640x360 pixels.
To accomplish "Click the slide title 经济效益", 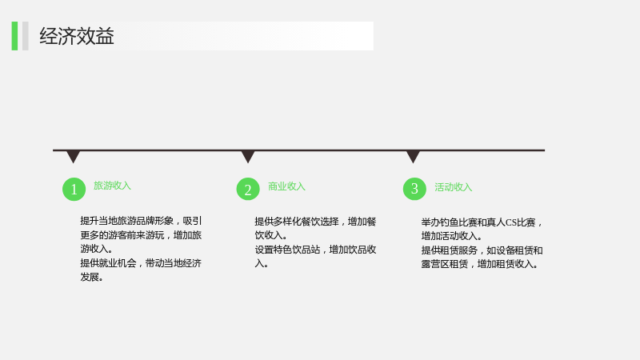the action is pos(77,36).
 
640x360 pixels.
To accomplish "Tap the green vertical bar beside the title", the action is pos(14,36).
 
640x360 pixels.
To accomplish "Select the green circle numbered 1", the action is pos(74,189).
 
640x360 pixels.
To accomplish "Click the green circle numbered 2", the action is pos(248,189).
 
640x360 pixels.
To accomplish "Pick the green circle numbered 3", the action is pos(414,189).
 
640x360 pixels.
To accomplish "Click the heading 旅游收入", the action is pos(112,186).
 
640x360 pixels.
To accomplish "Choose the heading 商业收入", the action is pos(286,186).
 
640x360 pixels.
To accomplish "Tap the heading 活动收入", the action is pos(453,187).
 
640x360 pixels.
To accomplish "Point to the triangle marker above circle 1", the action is pos(73,157).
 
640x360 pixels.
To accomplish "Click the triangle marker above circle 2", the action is pos(248,157).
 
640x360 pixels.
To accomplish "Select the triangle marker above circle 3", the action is pos(413,157).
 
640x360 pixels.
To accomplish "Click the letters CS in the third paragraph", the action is pos(511,222).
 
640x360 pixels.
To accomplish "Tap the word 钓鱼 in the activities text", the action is pos(450,222).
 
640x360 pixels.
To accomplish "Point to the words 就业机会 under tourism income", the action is pos(118,263).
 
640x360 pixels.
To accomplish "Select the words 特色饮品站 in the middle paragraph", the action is pos(297,250).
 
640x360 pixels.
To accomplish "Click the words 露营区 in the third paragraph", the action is pos(435,264).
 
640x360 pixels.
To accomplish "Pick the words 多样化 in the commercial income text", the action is pos(287,222).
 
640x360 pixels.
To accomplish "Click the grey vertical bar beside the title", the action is pos(26,36).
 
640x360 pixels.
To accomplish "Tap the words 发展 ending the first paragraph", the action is pos(90,277).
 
